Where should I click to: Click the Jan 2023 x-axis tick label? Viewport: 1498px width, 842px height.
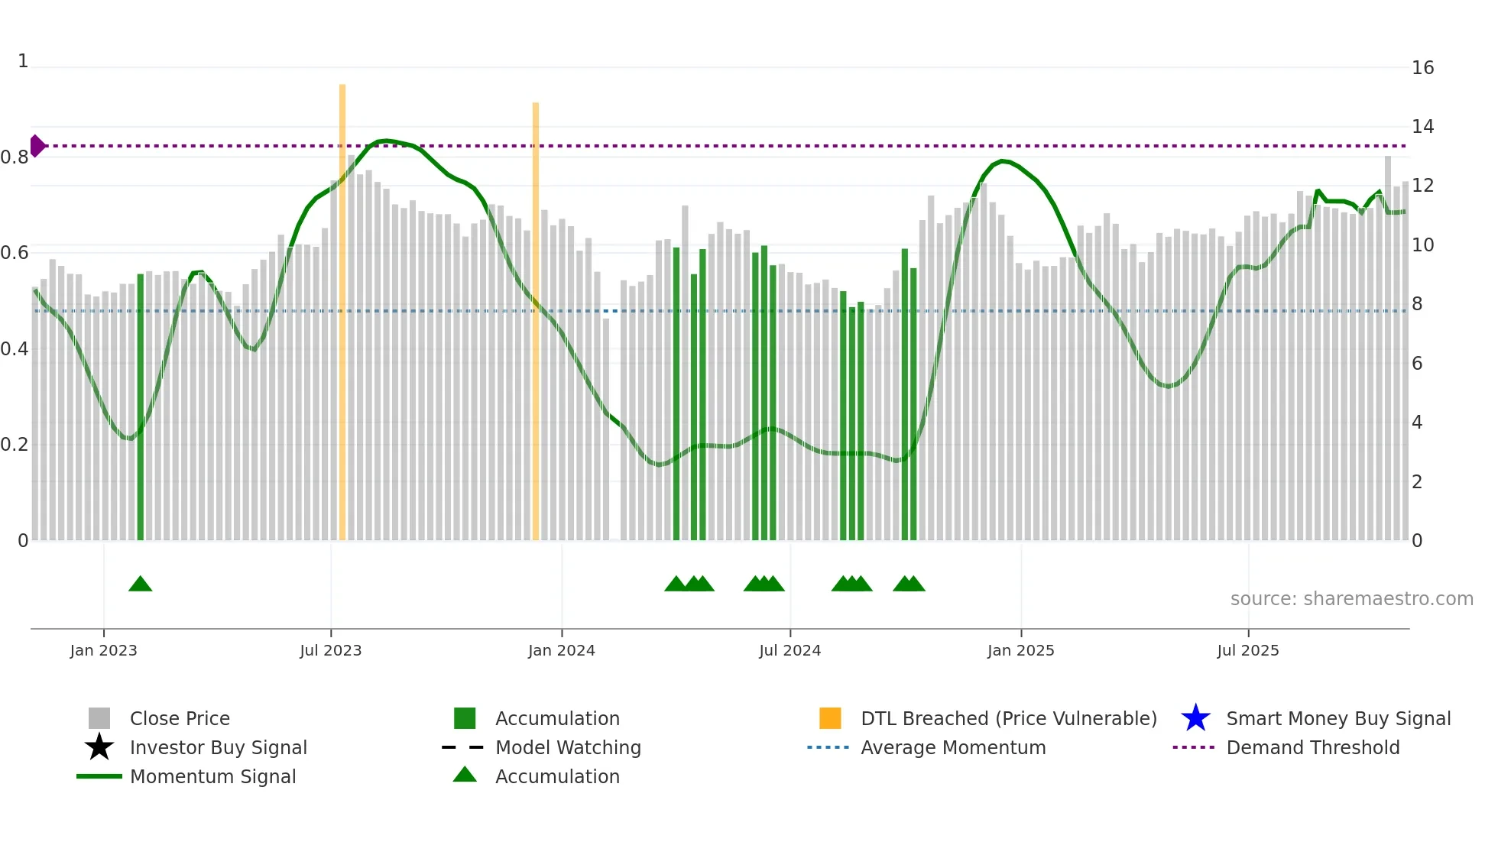[103, 650]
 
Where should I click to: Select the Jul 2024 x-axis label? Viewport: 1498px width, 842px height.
[790, 650]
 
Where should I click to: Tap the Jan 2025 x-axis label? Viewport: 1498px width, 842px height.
[1020, 650]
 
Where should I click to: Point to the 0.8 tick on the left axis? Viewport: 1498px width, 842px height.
[15, 157]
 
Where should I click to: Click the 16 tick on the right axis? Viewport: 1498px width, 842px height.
[1422, 68]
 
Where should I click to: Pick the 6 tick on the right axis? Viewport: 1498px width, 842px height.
[1417, 364]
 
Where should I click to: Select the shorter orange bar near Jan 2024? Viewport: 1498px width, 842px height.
[536, 321]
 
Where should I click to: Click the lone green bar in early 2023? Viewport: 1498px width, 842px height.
[141, 405]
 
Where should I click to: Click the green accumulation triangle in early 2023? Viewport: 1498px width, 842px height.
[141, 585]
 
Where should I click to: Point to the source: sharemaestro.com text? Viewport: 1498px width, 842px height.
[1351, 599]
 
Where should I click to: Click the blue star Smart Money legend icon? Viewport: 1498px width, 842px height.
[1195, 718]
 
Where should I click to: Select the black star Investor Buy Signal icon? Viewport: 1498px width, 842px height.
[99, 747]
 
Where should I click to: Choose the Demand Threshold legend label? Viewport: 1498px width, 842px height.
[1312, 747]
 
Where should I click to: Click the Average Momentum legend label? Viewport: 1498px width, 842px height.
[952, 747]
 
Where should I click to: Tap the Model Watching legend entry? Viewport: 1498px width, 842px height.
[567, 747]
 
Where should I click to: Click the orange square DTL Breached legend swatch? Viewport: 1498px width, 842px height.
[830, 718]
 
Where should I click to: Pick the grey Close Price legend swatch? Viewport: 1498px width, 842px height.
[99, 718]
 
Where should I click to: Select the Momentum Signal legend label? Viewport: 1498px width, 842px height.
[212, 776]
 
